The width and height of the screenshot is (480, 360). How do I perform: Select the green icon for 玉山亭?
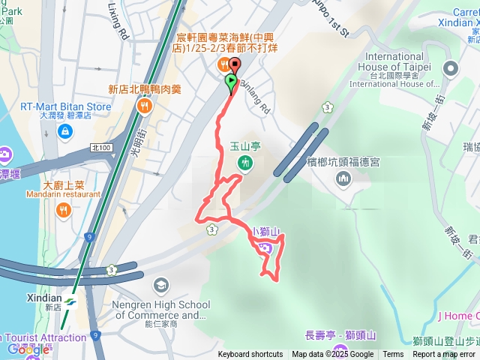244,163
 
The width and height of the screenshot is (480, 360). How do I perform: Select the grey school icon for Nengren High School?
160,285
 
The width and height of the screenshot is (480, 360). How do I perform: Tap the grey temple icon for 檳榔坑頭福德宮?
343,178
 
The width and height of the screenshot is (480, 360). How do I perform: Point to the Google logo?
28,349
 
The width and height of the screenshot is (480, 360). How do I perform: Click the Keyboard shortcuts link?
250,355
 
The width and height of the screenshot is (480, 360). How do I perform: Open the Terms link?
393,355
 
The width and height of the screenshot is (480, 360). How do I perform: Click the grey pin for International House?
450,70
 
